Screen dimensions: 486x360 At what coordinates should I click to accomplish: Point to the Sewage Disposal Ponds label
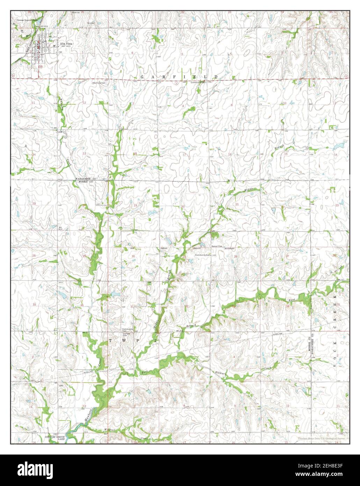pos(29,20)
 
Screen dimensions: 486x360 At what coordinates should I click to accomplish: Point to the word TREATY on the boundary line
pos(197,248)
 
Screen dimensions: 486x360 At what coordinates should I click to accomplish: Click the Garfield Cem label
pos(127,334)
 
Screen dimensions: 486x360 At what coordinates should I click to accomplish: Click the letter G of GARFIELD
pos(142,76)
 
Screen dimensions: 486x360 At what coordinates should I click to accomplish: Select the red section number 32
pos(187,306)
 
